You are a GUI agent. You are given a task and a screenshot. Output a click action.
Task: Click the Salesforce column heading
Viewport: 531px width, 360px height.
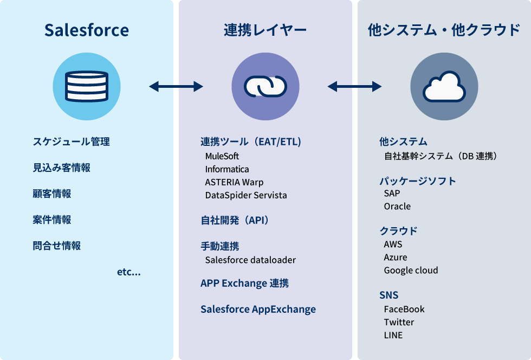(x=87, y=30)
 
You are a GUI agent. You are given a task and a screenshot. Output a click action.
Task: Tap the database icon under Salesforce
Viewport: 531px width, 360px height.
(x=87, y=86)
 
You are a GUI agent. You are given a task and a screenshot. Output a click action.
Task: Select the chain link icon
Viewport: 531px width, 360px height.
(x=265, y=86)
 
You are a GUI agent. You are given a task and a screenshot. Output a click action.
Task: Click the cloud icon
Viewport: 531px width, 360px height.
(x=444, y=86)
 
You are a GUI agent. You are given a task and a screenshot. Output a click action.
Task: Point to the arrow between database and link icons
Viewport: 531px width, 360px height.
(x=176, y=86)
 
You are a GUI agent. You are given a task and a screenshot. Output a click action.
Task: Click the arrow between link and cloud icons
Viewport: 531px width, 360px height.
(x=355, y=86)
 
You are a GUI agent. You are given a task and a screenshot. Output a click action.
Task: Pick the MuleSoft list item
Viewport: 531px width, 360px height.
(x=222, y=156)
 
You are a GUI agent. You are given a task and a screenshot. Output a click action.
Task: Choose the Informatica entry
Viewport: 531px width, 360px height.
(x=227, y=169)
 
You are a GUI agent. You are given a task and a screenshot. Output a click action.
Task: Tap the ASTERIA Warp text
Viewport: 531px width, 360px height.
(x=234, y=182)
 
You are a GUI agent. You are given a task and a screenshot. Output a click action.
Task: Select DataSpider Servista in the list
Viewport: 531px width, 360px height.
(x=246, y=195)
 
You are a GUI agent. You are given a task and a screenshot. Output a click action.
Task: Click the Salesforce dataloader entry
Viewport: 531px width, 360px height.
(x=250, y=260)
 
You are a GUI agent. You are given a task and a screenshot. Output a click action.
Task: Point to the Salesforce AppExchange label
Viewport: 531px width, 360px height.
(x=258, y=310)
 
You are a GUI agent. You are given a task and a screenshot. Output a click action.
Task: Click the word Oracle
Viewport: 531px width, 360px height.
(x=397, y=207)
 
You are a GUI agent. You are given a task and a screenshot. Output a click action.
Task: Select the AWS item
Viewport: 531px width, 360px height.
(x=393, y=245)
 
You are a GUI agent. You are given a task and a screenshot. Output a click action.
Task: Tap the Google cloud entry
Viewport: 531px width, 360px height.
(x=411, y=271)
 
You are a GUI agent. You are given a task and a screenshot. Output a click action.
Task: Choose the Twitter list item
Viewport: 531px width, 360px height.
(x=399, y=323)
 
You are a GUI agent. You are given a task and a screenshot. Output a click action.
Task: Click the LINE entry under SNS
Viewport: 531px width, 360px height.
(x=393, y=336)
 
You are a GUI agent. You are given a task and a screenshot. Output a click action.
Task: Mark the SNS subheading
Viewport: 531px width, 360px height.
(x=388, y=295)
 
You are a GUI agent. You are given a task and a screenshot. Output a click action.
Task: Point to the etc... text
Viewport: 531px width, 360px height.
(x=129, y=272)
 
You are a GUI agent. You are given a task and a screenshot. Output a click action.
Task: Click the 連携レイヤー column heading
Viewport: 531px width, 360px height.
(x=265, y=30)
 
